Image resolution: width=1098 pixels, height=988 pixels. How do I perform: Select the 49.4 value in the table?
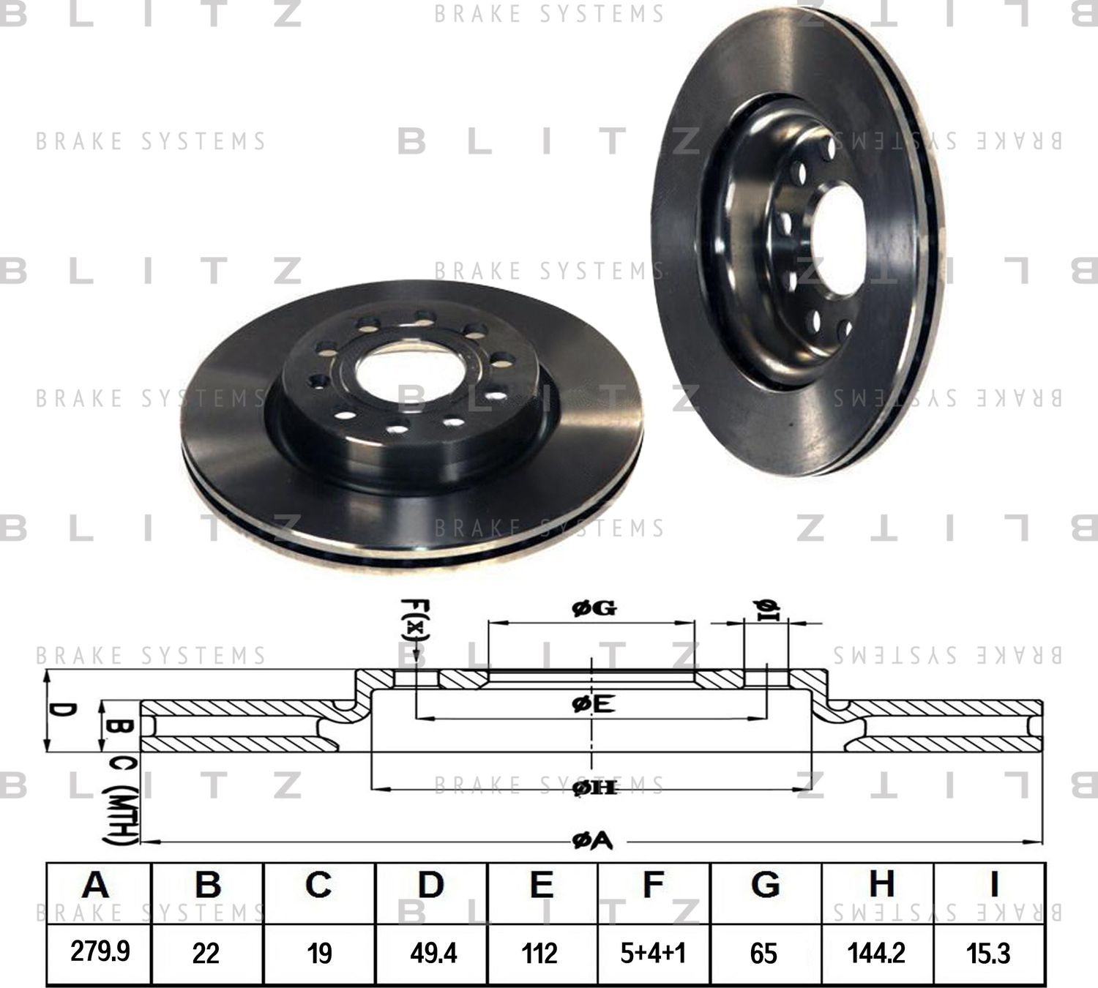433,953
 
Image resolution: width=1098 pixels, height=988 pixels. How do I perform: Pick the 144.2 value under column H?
876,953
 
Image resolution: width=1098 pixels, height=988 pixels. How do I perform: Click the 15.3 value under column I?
989,953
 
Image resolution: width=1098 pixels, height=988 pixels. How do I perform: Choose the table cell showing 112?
539,953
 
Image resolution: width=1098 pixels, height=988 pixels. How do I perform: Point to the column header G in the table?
765,885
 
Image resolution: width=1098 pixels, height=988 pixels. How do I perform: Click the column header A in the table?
96,885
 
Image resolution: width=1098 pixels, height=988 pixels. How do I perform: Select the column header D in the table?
430,885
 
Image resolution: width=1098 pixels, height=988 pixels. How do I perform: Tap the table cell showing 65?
763,953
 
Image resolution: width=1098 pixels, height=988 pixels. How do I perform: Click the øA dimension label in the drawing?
592,842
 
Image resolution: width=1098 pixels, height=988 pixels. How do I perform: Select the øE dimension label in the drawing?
592,705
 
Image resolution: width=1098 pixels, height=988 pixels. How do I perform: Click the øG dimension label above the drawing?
594,608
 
